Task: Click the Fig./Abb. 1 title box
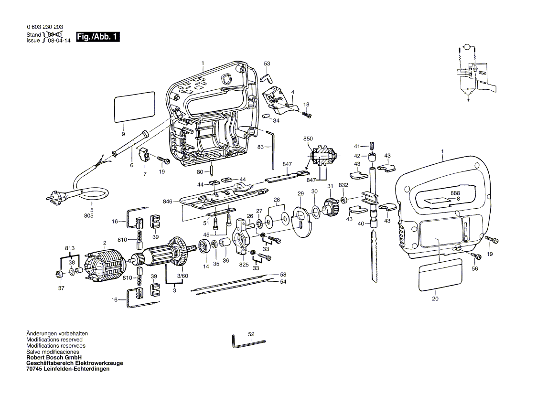pyautogui.click(x=97, y=37)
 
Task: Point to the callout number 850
pyautogui.click(x=308, y=138)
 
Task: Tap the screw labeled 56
pyautogui.click(x=476, y=257)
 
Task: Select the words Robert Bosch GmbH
pyautogui.click(x=54, y=357)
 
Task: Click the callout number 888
pyautogui.click(x=455, y=193)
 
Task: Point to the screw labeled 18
pyautogui.click(x=306, y=114)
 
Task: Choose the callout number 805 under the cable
pyautogui.click(x=89, y=216)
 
